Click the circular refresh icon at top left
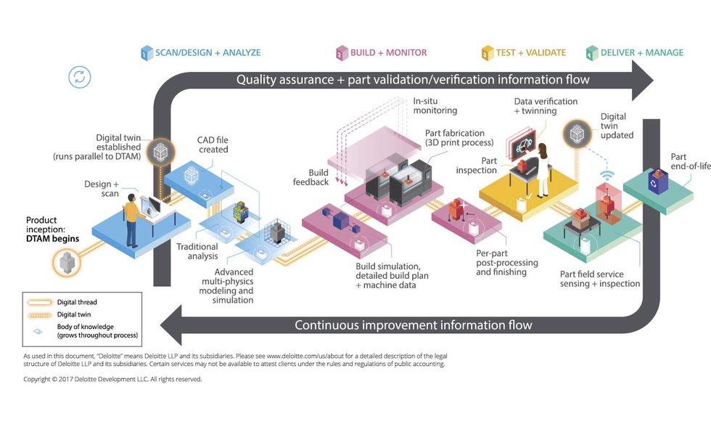[x=80, y=77]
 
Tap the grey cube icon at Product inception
[x=67, y=261]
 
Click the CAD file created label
[x=213, y=144]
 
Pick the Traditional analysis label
[x=197, y=252]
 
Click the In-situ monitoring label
[x=435, y=105]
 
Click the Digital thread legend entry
[x=76, y=302]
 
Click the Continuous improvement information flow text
[x=413, y=325]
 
